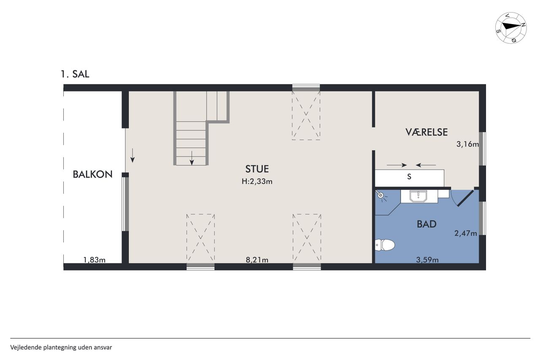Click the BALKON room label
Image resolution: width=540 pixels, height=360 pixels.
point(92,174)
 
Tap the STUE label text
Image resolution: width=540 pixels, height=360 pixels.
point(257,169)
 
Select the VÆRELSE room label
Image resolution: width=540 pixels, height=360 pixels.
point(427,132)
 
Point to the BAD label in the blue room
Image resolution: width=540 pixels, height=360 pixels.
point(427,224)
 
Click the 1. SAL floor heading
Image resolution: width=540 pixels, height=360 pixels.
point(75,74)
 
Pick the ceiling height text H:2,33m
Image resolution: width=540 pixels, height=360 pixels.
point(257,181)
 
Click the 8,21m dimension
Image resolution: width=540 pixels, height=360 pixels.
point(257,260)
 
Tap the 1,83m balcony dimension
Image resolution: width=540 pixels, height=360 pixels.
point(94,260)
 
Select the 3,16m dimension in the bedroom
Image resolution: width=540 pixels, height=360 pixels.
point(467,144)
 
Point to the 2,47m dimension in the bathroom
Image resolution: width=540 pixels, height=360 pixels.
point(465,233)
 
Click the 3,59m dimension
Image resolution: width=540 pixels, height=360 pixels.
point(427,260)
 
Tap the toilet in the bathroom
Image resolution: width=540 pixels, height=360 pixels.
point(385,245)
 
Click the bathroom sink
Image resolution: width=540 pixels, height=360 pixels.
point(419,196)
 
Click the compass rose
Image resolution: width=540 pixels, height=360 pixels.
point(511,28)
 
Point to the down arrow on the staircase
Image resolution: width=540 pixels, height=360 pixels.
point(192,158)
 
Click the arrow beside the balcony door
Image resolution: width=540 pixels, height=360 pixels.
point(132,156)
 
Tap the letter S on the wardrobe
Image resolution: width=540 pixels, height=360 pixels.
point(409,177)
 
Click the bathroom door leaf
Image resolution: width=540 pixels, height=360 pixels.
point(466,198)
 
